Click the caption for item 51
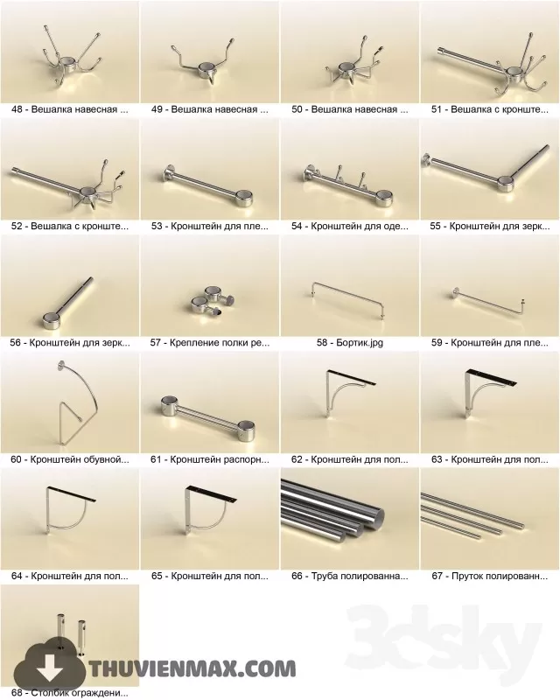click(x=490, y=110)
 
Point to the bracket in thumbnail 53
click(x=208, y=185)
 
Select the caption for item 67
click(x=490, y=577)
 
